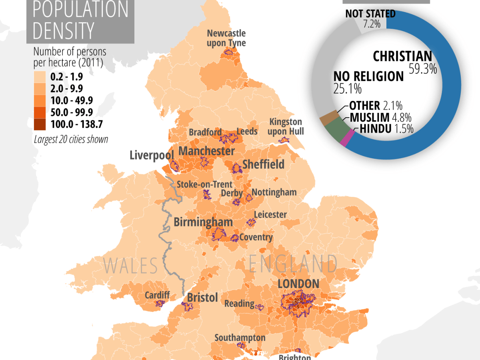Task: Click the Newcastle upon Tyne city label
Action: (x=226, y=38)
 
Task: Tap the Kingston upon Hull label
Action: (x=286, y=126)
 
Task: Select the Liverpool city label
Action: (x=152, y=155)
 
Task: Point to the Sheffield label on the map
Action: (x=263, y=164)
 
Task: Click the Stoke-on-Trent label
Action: (x=204, y=184)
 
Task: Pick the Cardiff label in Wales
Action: (x=157, y=295)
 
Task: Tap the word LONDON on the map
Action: (x=298, y=284)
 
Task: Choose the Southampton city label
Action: (x=240, y=338)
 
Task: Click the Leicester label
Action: (x=270, y=214)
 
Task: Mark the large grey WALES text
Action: (x=130, y=266)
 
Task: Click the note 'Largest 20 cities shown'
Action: (x=71, y=140)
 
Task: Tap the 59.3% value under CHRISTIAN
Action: (x=422, y=69)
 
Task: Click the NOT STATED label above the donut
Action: (x=370, y=14)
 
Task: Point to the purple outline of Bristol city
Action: (x=187, y=306)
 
